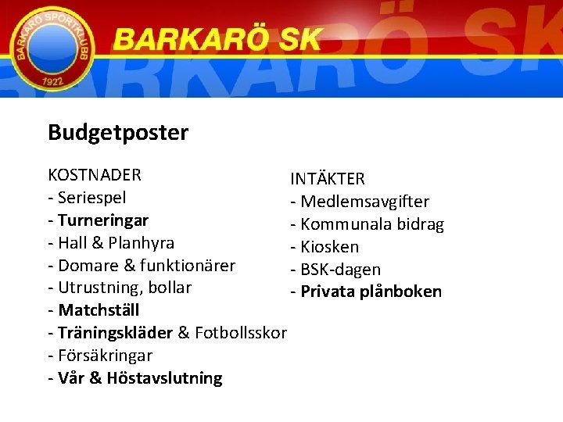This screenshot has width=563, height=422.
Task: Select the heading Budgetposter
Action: coord(118,133)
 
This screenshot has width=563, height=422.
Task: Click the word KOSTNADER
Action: coord(95,174)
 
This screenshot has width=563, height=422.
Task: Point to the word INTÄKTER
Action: coord(327,179)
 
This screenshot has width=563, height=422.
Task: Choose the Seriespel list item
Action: coord(92,197)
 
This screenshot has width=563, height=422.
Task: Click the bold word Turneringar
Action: coord(103,220)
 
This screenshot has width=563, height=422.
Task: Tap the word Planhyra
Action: coord(142,242)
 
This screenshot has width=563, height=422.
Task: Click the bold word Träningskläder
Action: coord(115,333)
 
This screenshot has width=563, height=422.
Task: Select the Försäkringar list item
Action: coord(106,356)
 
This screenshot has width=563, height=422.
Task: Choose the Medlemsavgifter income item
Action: coord(364,202)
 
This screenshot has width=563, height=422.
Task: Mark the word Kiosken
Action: coord(330,247)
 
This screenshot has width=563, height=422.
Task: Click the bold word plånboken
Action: coord(400,292)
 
